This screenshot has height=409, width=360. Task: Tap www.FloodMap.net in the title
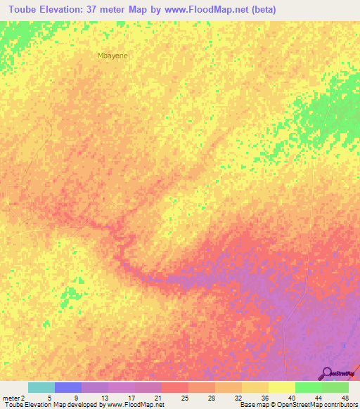point(204,10)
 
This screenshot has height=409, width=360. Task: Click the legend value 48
point(345,398)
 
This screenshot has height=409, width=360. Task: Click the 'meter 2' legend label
point(13,398)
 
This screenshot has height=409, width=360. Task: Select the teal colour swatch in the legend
point(41,387)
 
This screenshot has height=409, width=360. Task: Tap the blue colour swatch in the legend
point(68,387)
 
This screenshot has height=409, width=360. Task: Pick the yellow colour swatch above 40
point(282,387)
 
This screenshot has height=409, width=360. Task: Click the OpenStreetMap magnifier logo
point(326,373)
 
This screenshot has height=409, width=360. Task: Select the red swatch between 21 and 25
point(175,387)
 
